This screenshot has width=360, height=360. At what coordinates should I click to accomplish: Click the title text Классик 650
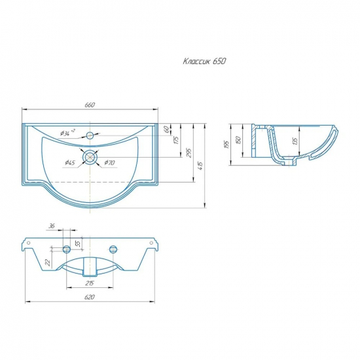204,62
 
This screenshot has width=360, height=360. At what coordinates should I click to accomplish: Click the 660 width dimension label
90,105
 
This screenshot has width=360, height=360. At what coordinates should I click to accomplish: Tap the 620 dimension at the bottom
89,297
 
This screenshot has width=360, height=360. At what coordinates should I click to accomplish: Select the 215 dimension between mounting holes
90,283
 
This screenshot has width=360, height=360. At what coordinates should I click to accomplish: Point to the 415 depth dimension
200,166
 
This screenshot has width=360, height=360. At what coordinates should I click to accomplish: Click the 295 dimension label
189,153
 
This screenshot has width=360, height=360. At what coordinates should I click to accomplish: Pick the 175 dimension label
176,140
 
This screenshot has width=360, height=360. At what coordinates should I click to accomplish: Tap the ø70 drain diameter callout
109,163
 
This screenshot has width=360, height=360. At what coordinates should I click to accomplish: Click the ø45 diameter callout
70,163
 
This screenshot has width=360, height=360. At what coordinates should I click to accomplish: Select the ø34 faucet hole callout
67,133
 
